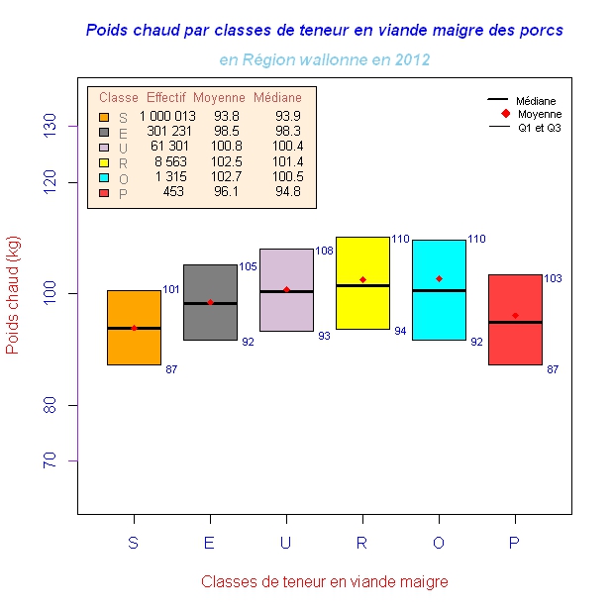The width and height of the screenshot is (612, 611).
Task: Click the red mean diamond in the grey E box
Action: (210, 302)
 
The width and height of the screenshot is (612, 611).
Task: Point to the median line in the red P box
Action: (515, 322)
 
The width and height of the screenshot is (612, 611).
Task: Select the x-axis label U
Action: (285, 543)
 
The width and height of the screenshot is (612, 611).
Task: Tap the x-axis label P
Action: (515, 543)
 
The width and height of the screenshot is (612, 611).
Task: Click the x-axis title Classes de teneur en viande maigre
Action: (324, 581)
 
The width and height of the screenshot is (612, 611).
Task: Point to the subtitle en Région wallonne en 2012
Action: (324, 59)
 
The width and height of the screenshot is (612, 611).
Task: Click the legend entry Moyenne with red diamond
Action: (531, 114)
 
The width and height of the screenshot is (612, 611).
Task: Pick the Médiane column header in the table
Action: (277, 98)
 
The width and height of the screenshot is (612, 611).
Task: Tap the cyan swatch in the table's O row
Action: (104, 177)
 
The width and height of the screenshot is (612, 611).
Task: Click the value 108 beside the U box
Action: (324, 252)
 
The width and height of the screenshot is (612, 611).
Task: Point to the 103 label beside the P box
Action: (553, 279)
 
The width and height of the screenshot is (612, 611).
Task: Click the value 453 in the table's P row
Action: (173, 192)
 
